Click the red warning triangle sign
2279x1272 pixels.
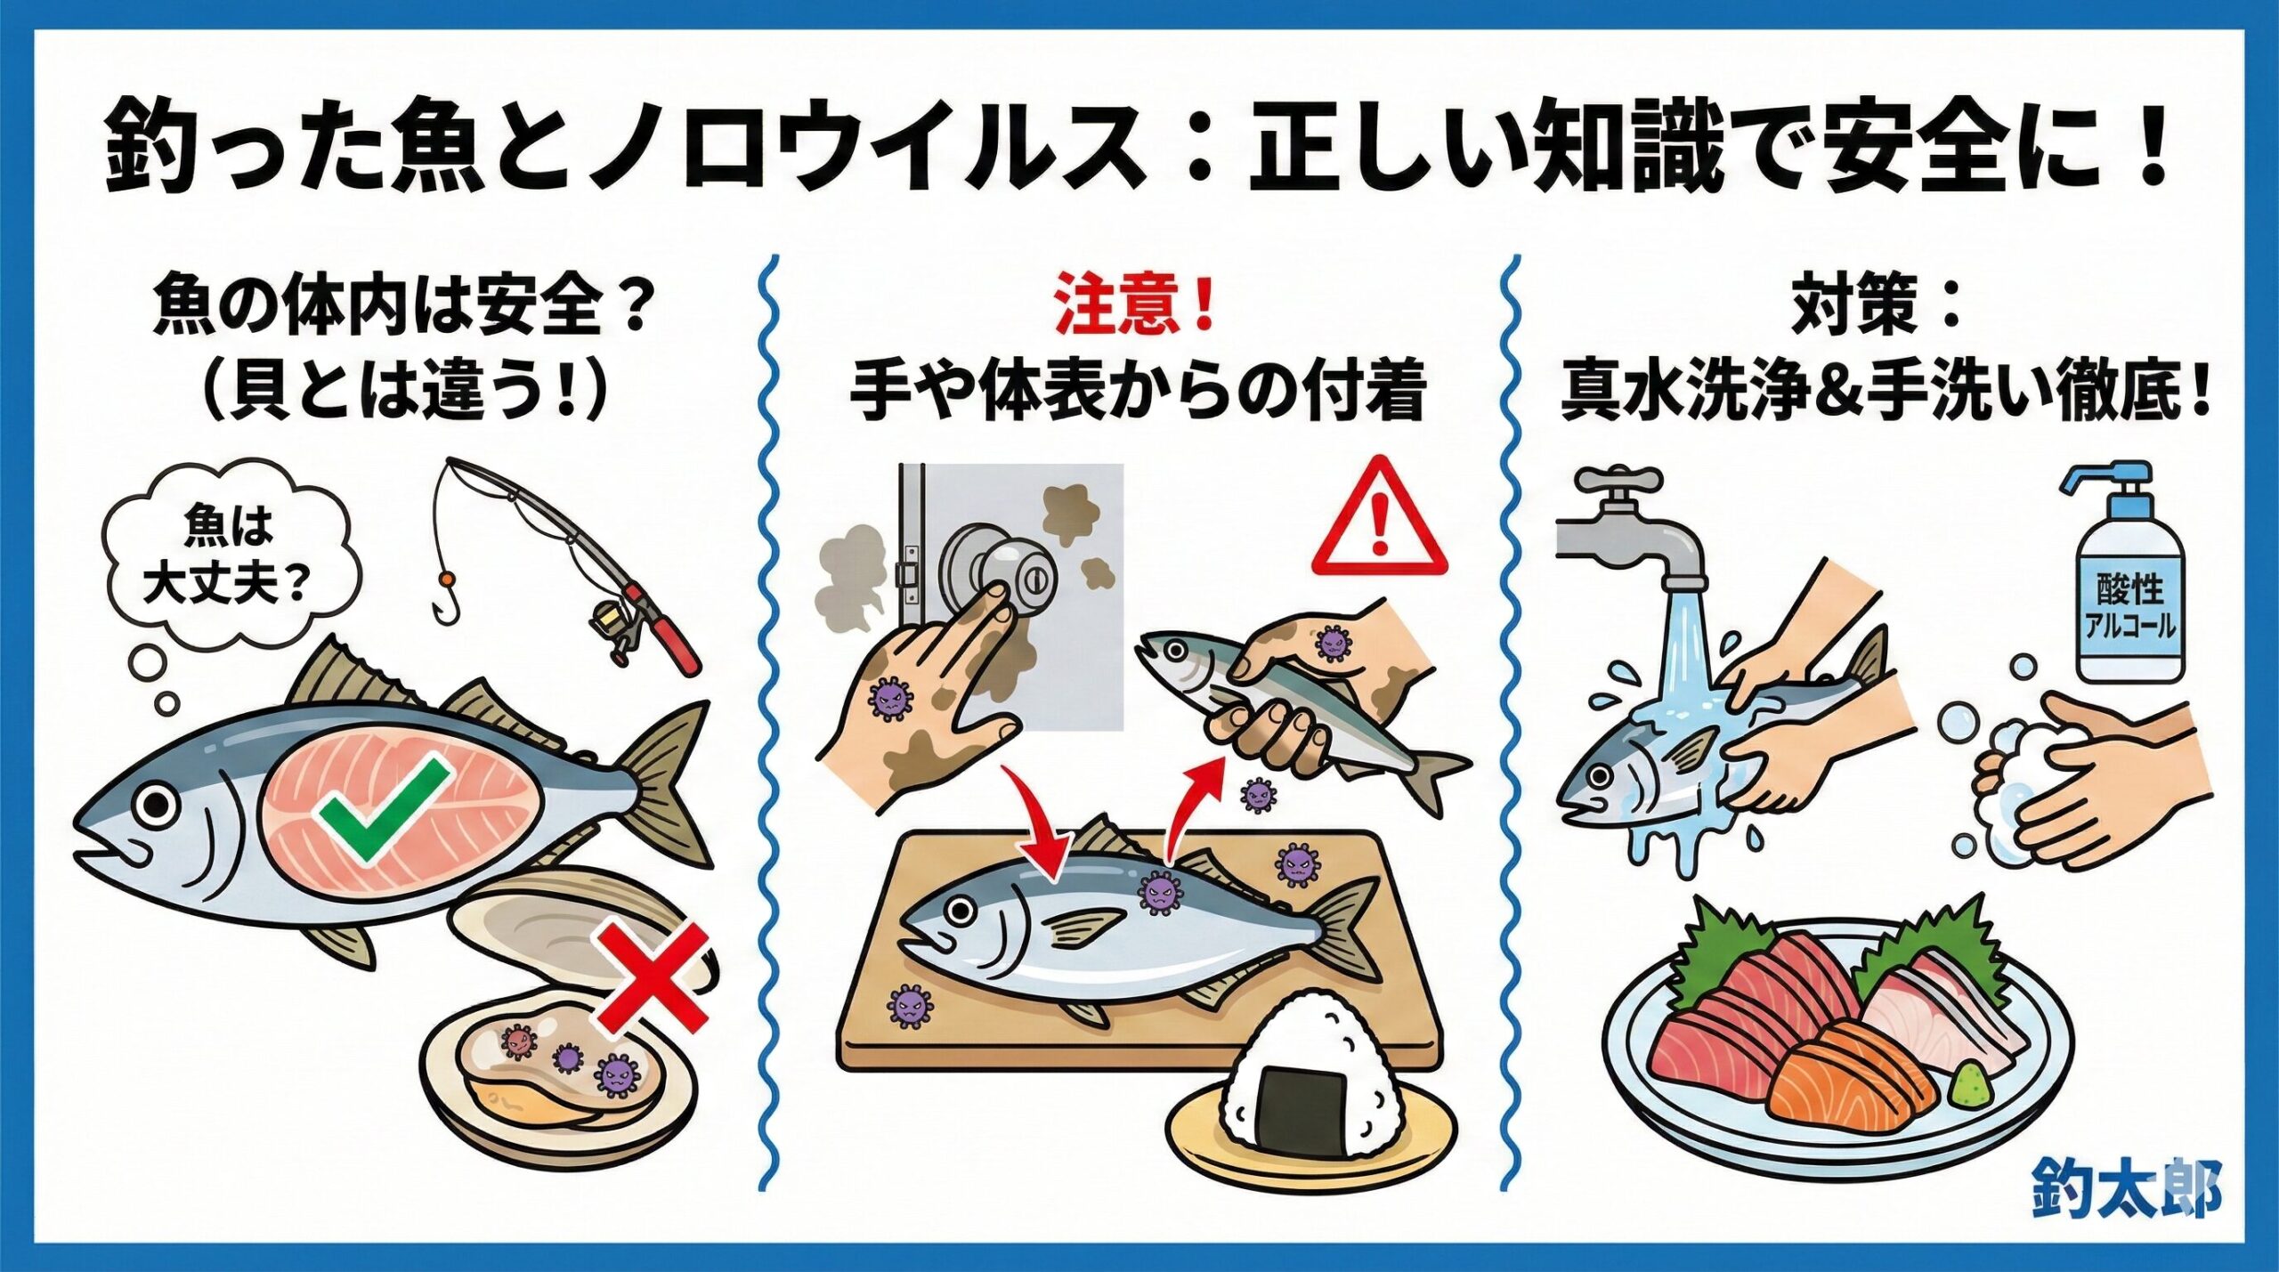point(1379,521)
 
